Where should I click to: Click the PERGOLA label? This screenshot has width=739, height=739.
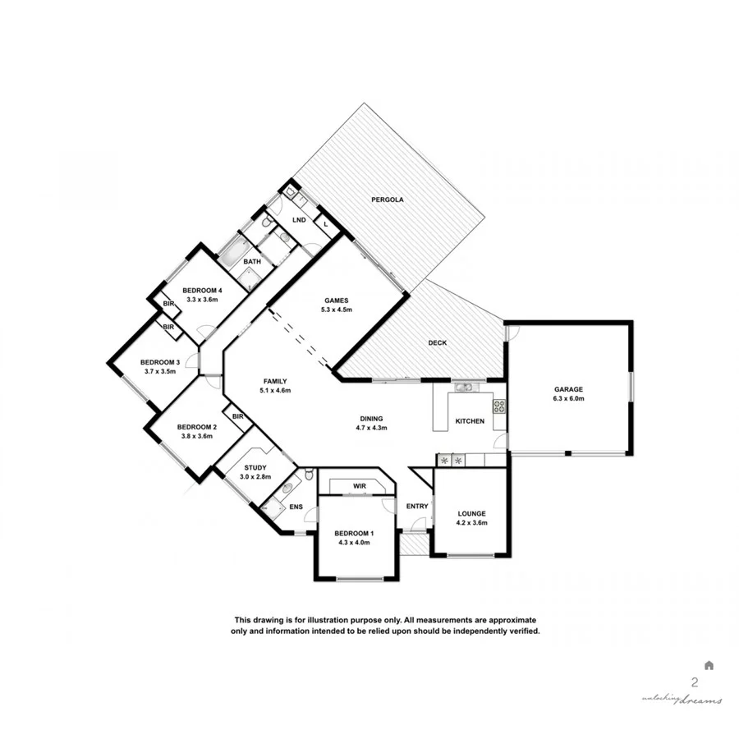tap(387, 200)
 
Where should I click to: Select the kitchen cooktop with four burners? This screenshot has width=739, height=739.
tap(498, 406)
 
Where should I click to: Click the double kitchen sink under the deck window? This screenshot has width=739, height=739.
tap(464, 387)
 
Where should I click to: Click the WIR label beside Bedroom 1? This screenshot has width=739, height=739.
tap(359, 486)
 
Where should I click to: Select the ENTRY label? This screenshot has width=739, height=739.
tap(417, 506)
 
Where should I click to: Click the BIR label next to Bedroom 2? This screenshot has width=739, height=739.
tap(237, 416)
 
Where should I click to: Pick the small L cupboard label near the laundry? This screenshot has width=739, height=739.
tap(325, 224)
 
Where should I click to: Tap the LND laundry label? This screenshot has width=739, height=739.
tap(299, 220)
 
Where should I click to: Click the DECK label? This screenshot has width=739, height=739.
tap(438, 342)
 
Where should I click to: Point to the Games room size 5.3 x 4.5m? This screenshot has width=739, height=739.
tap(337, 310)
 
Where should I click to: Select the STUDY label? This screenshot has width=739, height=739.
tap(255, 468)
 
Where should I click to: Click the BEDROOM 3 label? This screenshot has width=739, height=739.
tap(159, 362)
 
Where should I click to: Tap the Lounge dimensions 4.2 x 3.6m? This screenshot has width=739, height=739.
tap(472, 522)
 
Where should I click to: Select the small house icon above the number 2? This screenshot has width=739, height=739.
tap(709, 665)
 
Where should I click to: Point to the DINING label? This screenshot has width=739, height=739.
tap(370, 418)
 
